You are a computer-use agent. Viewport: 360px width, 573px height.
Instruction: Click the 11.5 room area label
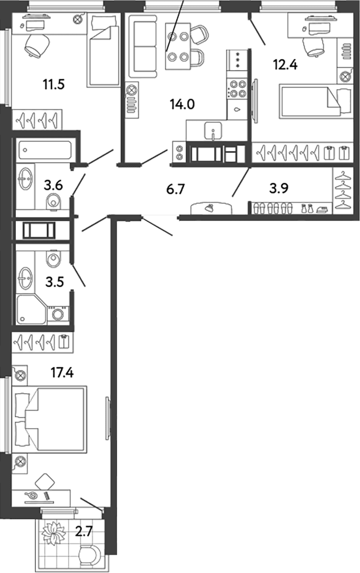click(x=54, y=85)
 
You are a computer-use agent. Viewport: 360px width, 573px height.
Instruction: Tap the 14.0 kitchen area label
click(x=182, y=105)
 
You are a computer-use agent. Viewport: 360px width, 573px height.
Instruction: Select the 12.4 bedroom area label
click(x=285, y=65)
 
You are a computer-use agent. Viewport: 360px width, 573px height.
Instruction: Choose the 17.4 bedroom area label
click(x=62, y=373)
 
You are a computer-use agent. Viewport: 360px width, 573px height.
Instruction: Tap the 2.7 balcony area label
click(x=84, y=531)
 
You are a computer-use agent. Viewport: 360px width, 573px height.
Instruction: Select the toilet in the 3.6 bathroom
click(x=54, y=202)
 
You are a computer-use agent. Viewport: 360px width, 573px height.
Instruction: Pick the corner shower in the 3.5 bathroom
click(x=31, y=309)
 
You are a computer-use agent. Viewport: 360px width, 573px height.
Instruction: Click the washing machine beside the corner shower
click(x=58, y=314)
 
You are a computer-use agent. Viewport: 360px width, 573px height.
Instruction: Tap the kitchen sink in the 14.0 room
click(x=214, y=130)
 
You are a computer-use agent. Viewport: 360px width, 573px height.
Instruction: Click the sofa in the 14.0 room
click(x=145, y=46)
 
